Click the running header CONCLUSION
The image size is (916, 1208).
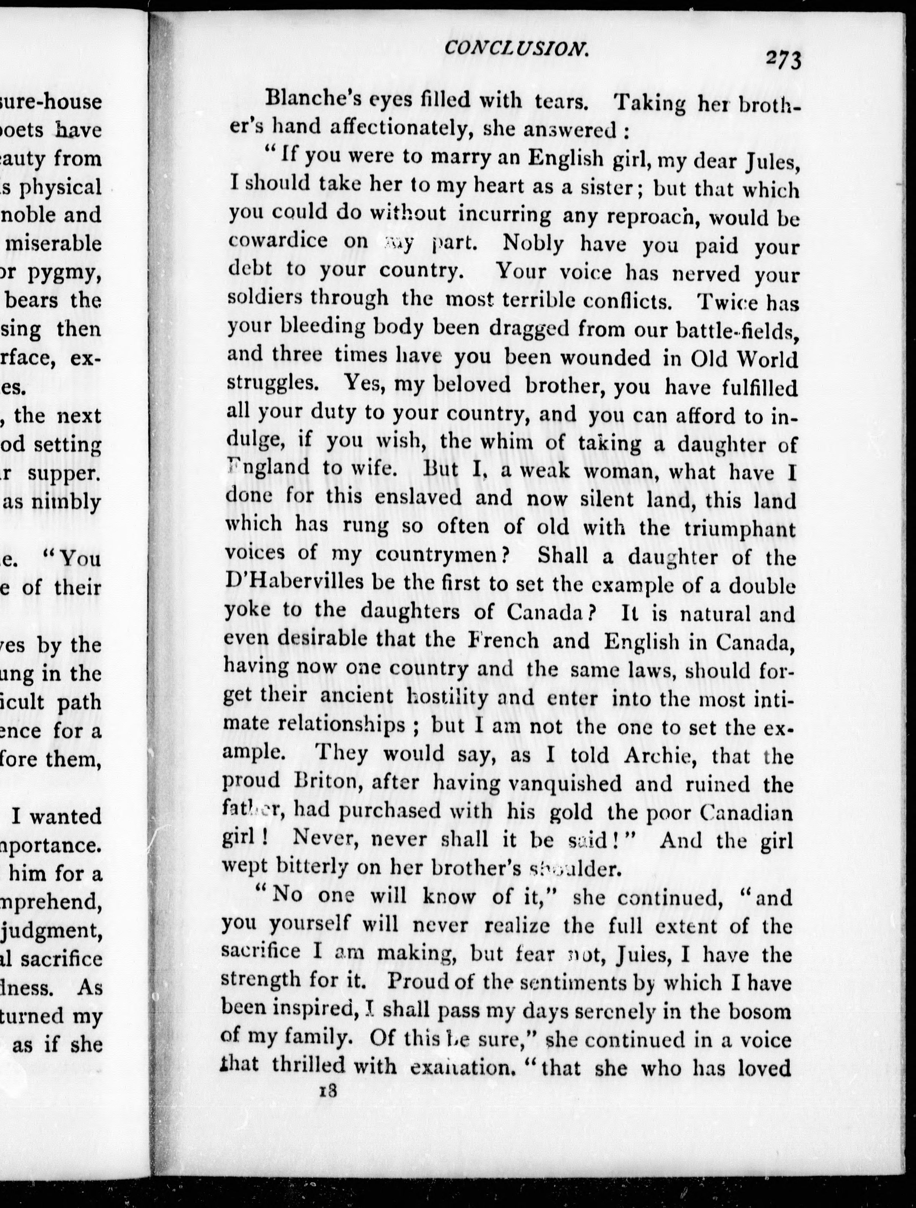click(x=516, y=49)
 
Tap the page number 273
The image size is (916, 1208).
click(x=782, y=59)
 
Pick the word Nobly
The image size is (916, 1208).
click(x=533, y=243)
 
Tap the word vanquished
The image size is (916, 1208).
click(x=564, y=784)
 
